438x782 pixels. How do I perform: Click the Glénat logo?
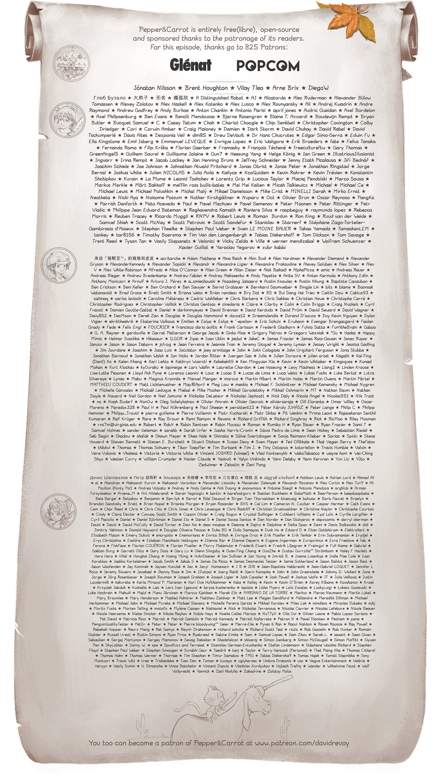[191, 65]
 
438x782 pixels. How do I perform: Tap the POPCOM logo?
[268, 66]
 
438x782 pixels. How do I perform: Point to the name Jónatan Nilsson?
[155, 88]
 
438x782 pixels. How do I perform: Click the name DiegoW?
[318, 88]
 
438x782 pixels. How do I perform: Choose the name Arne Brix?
[285, 88]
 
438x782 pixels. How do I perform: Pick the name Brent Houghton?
[206, 88]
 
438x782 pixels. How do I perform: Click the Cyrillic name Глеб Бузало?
[109, 98]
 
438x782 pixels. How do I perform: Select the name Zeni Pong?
[255, 465]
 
